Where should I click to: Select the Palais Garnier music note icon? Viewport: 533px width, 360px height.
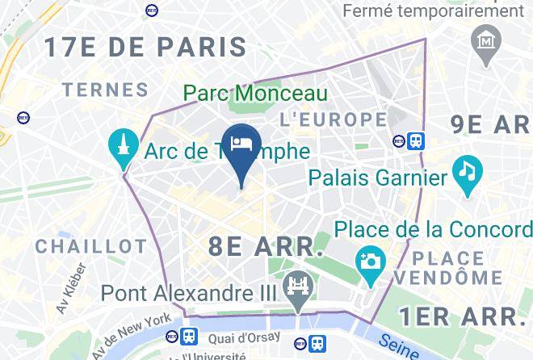click(466, 171)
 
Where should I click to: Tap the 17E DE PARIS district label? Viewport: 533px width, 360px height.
click(145, 46)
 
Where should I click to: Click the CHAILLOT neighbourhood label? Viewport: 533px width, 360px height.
click(90, 245)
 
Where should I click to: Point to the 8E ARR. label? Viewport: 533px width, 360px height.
click(266, 246)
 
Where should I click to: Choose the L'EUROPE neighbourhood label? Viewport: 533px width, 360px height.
click(333, 119)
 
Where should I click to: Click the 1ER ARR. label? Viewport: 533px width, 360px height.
click(464, 314)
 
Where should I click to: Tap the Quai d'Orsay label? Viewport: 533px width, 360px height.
click(245, 337)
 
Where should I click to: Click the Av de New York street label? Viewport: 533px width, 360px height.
click(129, 331)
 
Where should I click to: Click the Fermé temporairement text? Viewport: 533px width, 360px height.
click(433, 10)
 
